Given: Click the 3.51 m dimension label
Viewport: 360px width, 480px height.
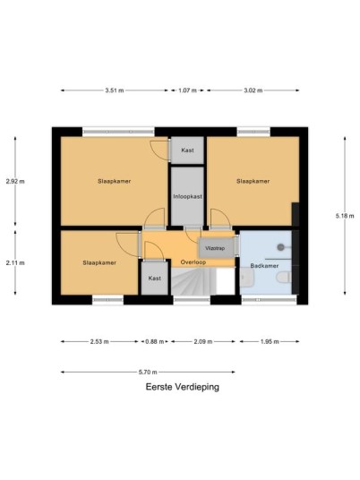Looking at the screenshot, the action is [115, 90].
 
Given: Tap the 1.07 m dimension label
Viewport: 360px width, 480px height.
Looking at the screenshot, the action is [187, 90].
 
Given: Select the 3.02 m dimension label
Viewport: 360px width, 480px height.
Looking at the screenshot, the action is [253, 90].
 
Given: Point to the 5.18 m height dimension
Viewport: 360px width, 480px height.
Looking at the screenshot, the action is [345, 216].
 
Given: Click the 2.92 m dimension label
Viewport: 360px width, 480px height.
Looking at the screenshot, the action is [15, 181].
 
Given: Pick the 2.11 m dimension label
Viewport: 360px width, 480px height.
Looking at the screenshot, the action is [15, 262].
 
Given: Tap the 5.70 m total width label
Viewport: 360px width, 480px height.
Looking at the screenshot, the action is [148, 373].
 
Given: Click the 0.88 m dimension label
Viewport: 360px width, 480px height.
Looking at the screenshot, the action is [155, 341].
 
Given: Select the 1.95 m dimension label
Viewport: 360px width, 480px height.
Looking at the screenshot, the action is [270, 341].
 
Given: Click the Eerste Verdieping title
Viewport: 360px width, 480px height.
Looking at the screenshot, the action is [183, 387].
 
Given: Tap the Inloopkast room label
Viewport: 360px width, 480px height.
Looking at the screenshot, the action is [188, 196].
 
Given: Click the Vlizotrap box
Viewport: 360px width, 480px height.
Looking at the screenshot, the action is [217, 248].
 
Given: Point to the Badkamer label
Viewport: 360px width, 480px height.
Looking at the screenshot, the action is [264, 266].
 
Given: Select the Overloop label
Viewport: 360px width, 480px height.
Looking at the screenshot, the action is [193, 262].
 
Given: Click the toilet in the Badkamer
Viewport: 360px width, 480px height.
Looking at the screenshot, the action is [284, 278].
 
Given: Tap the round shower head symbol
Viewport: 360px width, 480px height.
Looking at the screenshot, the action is [280, 247].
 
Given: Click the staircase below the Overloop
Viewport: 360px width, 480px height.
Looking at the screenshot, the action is [193, 281].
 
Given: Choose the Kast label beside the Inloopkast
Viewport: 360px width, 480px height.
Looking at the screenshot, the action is [187, 150].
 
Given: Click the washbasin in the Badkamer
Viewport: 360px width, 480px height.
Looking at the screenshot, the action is [246, 278].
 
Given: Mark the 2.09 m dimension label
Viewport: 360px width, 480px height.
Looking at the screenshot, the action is [203, 341].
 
